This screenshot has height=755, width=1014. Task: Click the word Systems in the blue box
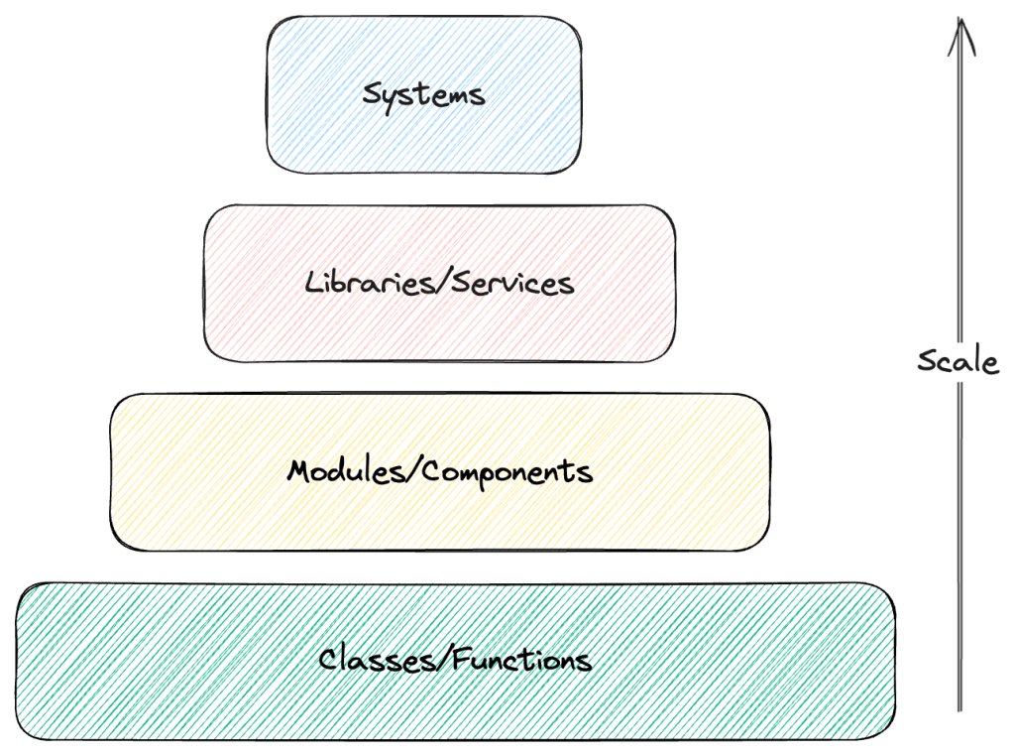pos(423,95)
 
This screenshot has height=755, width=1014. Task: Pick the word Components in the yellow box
pos(507,471)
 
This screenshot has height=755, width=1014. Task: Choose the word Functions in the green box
pos(521,659)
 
